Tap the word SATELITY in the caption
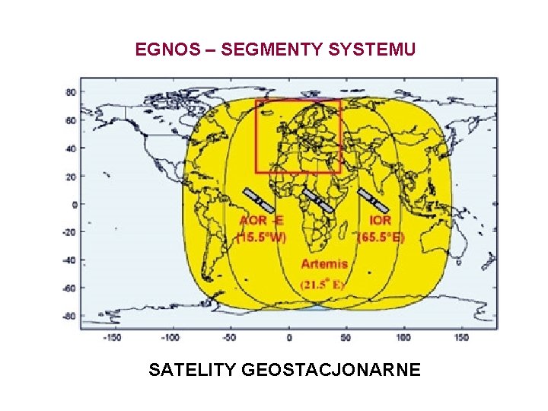coord(193,370)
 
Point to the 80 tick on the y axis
coord(71,92)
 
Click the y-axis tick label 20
coord(71,176)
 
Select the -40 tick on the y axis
coord(69,260)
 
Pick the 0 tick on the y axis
coord(74,204)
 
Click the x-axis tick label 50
coord(346,338)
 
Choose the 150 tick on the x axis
coord(461,338)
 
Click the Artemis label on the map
coord(325,264)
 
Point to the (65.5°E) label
coord(382,237)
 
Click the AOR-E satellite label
coord(261,221)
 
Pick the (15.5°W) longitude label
coord(261,237)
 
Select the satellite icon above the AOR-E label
coord(259,200)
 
